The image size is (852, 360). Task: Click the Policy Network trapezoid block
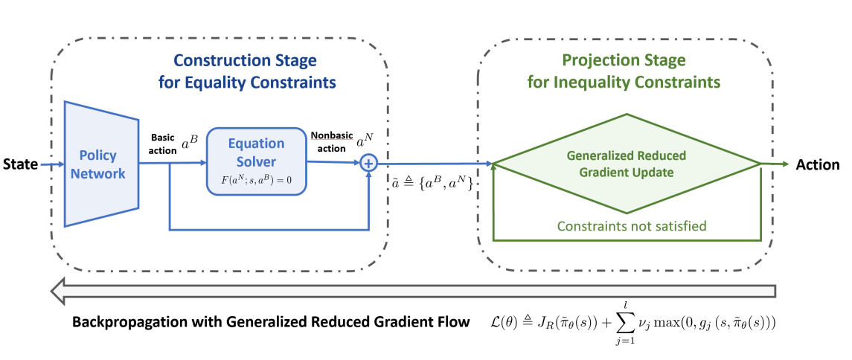click(x=103, y=164)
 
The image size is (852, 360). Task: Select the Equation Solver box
click(x=256, y=161)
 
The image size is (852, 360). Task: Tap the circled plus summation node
click(x=369, y=164)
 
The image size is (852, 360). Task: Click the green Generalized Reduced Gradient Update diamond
click(x=626, y=164)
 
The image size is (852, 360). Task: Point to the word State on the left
click(x=19, y=164)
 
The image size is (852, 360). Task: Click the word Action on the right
click(x=818, y=164)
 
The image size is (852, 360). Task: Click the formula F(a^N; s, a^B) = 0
click(x=256, y=179)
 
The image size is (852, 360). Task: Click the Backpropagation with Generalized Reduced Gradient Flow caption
click(x=272, y=322)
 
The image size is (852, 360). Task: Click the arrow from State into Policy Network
click(x=52, y=164)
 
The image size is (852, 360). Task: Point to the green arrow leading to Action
click(x=774, y=164)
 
